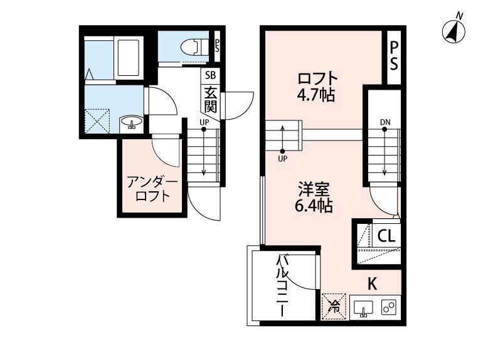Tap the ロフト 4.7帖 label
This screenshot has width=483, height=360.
(317, 87)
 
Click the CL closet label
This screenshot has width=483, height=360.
(386, 236)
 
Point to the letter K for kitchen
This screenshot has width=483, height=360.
(372, 283)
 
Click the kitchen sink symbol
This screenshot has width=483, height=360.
(363, 308)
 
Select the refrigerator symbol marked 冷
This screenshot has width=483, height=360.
(334, 307)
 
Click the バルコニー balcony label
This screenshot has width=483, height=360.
(283, 285)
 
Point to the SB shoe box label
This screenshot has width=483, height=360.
(208, 75)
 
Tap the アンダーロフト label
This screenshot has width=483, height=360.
(152, 189)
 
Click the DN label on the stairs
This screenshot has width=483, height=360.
(385, 122)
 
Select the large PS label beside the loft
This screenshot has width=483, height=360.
(394, 55)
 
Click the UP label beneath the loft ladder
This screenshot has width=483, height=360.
(282, 159)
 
